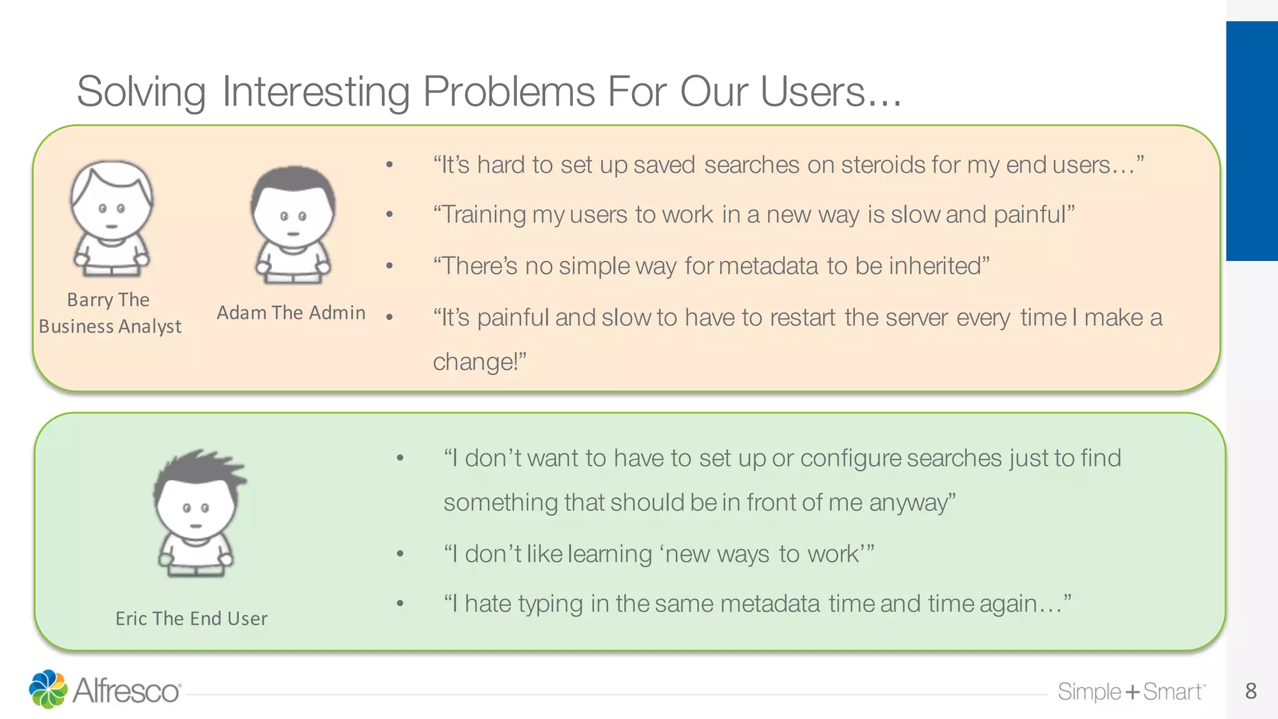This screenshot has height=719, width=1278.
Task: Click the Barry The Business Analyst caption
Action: pyautogui.click(x=110, y=313)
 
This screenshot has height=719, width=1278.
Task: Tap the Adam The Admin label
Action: pyautogui.click(x=291, y=313)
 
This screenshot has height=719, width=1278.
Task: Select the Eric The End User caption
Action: pyautogui.click(x=192, y=619)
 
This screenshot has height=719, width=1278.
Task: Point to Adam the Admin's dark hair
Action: pyautogui.click(x=293, y=184)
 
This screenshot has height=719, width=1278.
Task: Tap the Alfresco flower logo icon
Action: pyautogui.click(x=48, y=689)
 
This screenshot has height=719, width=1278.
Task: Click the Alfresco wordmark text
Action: pyautogui.click(x=127, y=691)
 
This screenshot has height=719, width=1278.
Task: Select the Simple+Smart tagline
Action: pyautogui.click(x=1131, y=692)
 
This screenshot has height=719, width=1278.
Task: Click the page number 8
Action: pyautogui.click(x=1251, y=691)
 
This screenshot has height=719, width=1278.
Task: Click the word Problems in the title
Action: pyautogui.click(x=509, y=92)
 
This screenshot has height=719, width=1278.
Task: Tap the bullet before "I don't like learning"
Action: pyautogui.click(x=400, y=554)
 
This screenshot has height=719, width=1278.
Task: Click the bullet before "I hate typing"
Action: pyautogui.click(x=400, y=604)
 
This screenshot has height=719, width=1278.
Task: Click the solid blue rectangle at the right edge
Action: pyautogui.click(x=1252, y=141)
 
